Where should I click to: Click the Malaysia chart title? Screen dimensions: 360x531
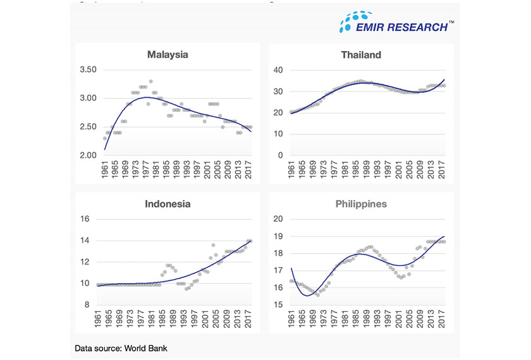point(168,55)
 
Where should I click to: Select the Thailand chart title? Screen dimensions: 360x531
point(361,55)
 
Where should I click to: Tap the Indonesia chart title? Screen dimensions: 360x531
point(168,204)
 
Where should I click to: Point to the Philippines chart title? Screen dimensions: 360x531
point(361,204)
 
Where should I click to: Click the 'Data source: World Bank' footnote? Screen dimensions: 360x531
point(121,348)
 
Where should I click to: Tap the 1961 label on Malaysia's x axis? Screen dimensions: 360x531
point(105,171)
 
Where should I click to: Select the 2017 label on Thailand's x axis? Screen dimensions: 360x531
point(444,171)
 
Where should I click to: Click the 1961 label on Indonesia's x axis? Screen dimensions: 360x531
point(99,320)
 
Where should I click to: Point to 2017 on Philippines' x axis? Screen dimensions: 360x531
point(444,320)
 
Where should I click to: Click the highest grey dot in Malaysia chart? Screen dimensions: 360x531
point(150,81)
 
